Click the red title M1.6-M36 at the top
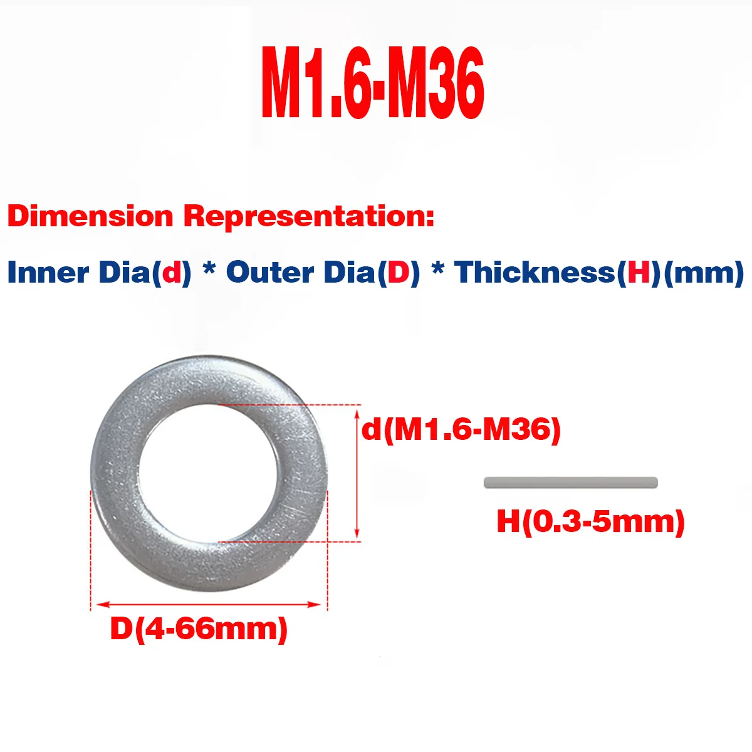tap(373, 83)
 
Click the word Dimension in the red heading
tap(90, 217)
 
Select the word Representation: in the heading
tap(308, 217)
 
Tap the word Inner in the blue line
tap(48, 273)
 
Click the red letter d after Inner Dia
tap(171, 273)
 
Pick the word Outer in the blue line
tap(269, 273)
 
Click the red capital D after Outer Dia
tap(399, 273)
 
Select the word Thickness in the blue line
tap(535, 273)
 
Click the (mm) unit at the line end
tap(703, 273)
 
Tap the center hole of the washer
tap(208, 474)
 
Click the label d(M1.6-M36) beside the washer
tap(461, 430)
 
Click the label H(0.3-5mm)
tap(590, 521)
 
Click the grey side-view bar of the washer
tap(570, 482)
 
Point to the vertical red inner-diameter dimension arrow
tap(357, 474)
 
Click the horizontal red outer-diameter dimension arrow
tap(209, 604)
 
